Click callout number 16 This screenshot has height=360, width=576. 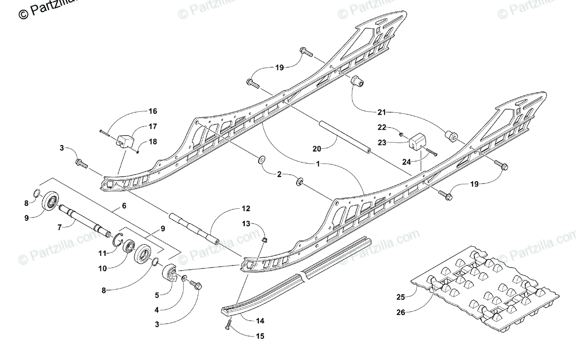click(153, 111)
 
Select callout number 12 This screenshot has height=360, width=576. click(246, 209)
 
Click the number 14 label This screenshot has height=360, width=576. click(260, 320)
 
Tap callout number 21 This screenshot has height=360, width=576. click(382, 112)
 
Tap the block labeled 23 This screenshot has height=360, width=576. click(416, 140)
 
